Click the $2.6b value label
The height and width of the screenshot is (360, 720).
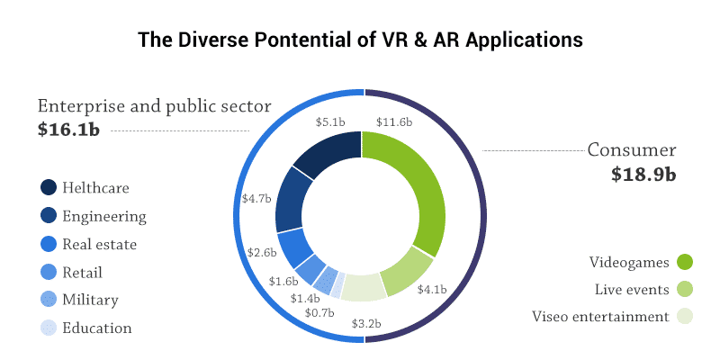259,253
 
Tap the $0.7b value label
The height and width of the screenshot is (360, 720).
319,312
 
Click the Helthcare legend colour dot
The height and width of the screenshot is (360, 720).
49,188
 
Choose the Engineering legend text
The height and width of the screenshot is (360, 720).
103,216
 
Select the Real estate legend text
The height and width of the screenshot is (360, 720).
99,244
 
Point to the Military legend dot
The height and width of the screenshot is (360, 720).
49,300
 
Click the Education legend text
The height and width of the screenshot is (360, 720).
96,328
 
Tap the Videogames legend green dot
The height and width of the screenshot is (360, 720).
685,263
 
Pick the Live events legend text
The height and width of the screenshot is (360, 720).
632,290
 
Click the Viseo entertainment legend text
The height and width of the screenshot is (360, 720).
600,317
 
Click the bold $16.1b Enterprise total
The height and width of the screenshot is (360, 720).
68,130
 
